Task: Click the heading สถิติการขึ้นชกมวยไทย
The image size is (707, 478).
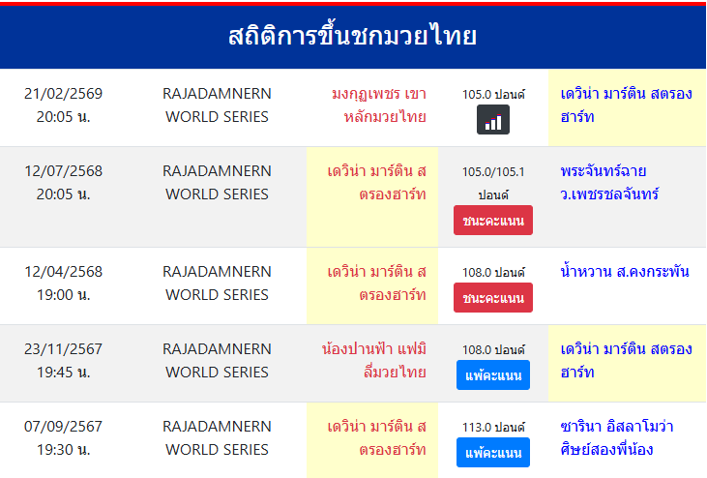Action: [353, 37]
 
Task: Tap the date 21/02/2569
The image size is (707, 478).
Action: [64, 94]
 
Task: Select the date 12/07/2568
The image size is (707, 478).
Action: [64, 171]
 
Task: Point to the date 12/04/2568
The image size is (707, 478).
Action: [64, 272]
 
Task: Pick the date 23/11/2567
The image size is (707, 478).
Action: [64, 349]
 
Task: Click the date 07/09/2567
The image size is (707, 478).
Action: [64, 427]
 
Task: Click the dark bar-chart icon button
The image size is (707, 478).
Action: [493, 120]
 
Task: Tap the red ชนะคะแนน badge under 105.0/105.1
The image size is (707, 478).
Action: [493, 221]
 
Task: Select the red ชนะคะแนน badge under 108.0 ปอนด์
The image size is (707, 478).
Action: [493, 298]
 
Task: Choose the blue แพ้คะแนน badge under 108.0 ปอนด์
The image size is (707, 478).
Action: [493, 374]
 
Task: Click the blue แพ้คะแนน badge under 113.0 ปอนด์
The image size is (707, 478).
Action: [493, 452]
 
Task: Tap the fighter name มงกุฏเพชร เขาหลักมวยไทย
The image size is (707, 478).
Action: [378, 105]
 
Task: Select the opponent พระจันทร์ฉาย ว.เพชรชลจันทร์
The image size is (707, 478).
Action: [609, 183]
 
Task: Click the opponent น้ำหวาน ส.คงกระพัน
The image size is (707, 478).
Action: [624, 272]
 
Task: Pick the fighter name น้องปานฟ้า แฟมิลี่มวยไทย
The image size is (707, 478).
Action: [374, 361]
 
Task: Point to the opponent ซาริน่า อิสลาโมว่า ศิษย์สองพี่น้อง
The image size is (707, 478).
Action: [617, 438]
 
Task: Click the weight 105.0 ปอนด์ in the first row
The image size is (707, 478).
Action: [493, 95]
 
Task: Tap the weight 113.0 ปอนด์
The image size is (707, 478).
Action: [493, 428]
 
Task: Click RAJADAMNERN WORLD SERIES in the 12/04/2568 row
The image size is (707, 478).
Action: [217, 284]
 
